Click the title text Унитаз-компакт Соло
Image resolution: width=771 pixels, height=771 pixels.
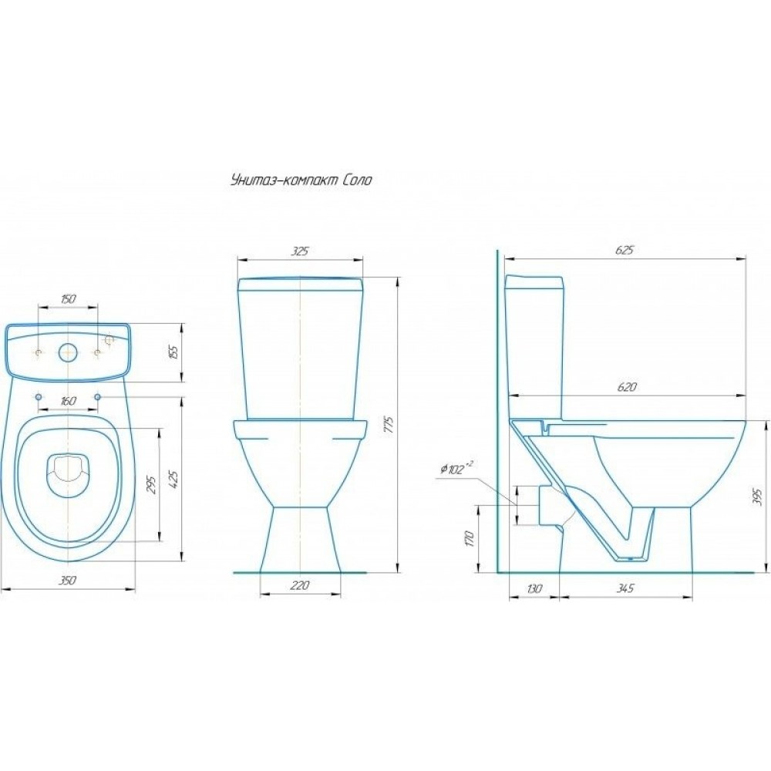[x=301, y=180]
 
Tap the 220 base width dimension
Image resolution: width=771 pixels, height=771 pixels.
[x=299, y=585]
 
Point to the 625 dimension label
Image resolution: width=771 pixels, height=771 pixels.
[x=625, y=250]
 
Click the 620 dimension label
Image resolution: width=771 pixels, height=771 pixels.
[x=626, y=387]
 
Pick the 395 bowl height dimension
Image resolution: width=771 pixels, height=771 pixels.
[x=758, y=497]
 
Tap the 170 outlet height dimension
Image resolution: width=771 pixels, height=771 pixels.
[x=469, y=539]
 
